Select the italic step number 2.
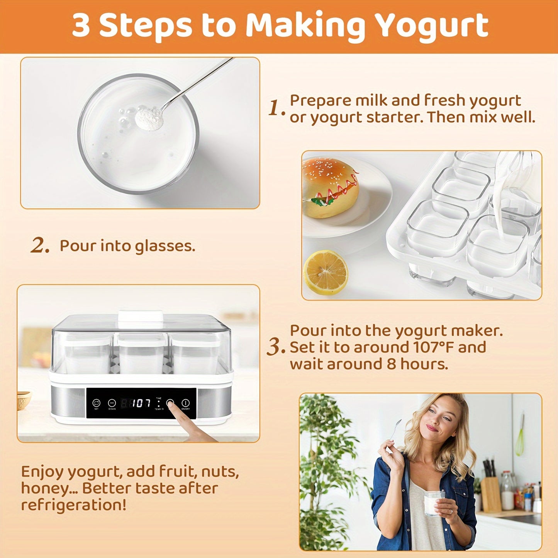tap(40, 246)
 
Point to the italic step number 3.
tap(275, 347)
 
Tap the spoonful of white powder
tap(149, 119)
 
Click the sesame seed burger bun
tap(330, 187)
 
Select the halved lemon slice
tap(326, 272)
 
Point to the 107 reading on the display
tap(141, 403)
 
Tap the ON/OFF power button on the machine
tap(186, 403)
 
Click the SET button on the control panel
tap(96, 403)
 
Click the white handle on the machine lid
tap(140, 316)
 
